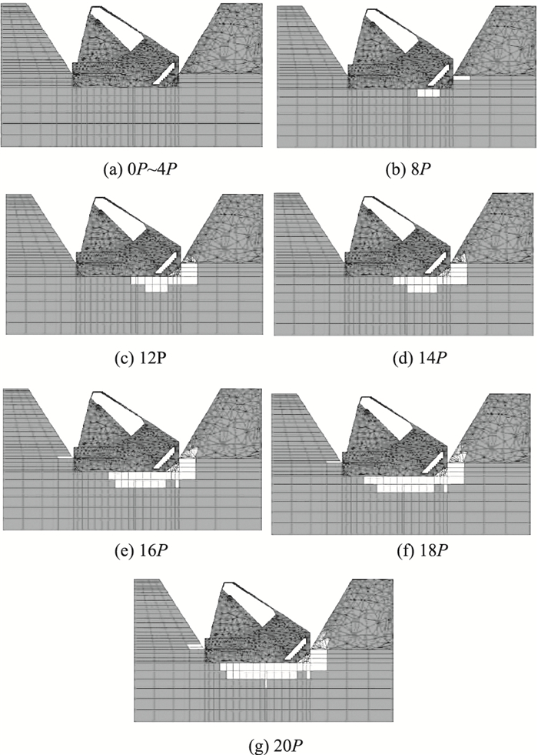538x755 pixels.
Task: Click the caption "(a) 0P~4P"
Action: point(132,163)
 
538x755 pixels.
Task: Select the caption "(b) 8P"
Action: point(406,163)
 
